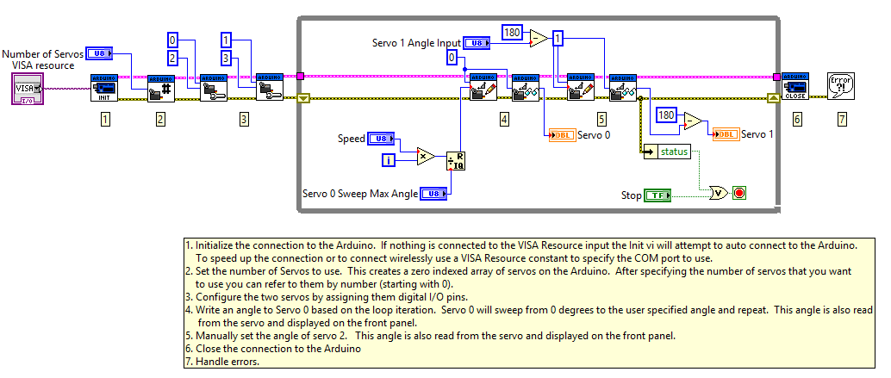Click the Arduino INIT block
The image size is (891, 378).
[x=104, y=88]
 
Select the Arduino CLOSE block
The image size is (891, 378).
[x=794, y=87]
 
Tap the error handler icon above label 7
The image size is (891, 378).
[x=841, y=87]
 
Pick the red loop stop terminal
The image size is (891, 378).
[x=738, y=193]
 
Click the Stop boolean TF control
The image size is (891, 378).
[x=657, y=195]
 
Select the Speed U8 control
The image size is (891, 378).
[x=380, y=139]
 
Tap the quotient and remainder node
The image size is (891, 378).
[x=455, y=164]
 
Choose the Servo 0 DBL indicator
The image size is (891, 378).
[x=563, y=135]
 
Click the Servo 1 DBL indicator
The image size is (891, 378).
[x=726, y=133]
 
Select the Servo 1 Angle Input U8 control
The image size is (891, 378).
[x=477, y=42]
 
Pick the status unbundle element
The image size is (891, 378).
[x=673, y=152]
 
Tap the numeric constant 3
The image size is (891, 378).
[x=226, y=59]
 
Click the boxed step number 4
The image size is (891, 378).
[x=504, y=120]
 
